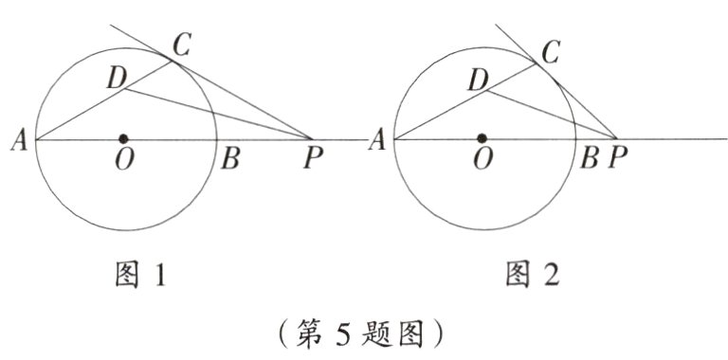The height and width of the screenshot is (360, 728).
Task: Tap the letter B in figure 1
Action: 229,159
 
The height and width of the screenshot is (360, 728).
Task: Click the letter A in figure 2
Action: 376,141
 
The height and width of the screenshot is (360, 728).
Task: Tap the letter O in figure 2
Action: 482,160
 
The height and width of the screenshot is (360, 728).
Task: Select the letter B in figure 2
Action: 589,159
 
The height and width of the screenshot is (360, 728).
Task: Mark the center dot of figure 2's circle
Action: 483,139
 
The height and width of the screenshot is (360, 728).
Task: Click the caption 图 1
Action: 141,276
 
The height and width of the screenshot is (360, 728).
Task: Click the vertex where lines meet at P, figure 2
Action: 617,140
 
